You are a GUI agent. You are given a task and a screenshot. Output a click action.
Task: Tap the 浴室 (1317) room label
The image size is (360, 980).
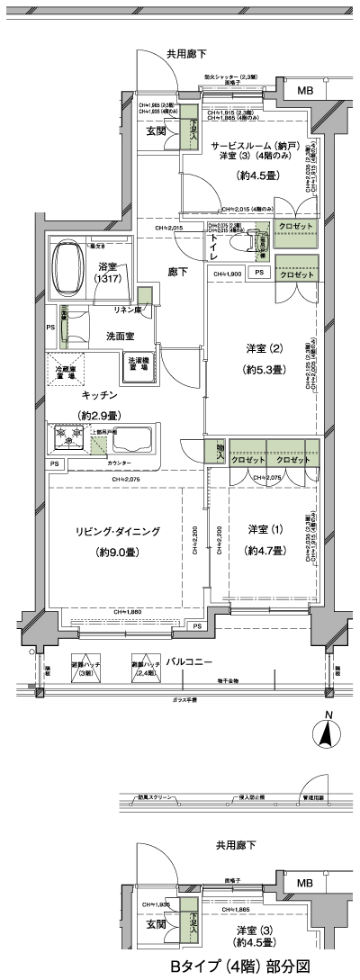click(x=114, y=273)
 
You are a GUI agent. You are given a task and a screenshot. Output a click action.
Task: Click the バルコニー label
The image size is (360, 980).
click(x=186, y=661)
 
